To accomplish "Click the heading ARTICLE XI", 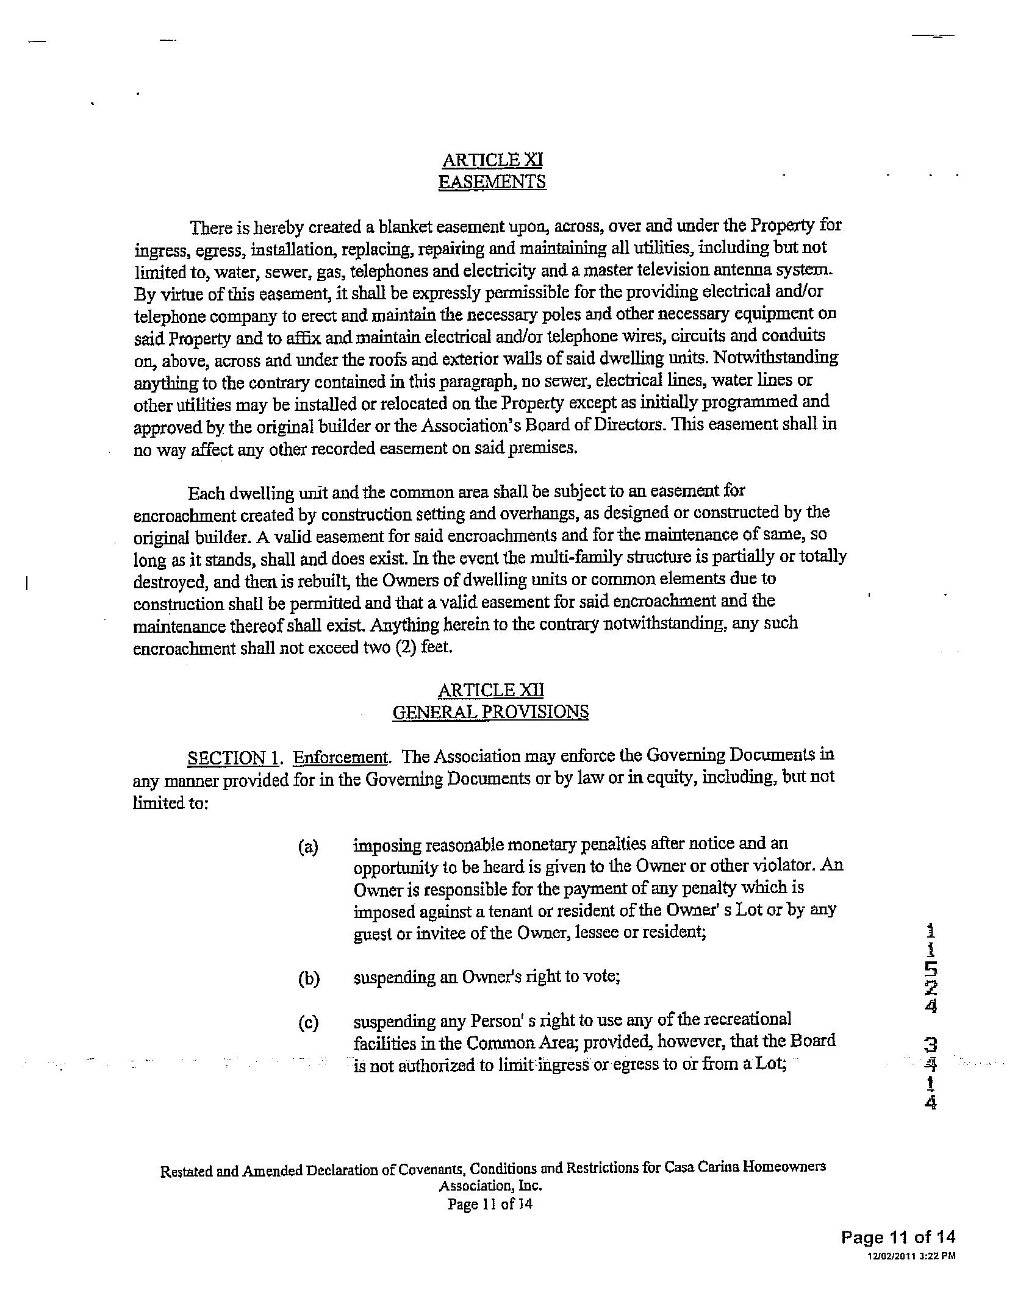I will pos(492,160).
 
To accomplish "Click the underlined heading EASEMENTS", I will pos(492,182).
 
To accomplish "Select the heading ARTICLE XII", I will pos(490,690).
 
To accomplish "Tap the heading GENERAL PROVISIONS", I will pos(490,712).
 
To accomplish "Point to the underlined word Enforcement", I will pos(341,758).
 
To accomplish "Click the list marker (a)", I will pos(308,847).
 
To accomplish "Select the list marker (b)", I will pos(309,979).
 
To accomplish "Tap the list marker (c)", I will pos(308,1023).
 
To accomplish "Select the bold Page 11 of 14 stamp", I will pos(898,1237).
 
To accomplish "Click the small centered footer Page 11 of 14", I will pos(490,1204).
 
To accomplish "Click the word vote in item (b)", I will pos(606,977).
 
